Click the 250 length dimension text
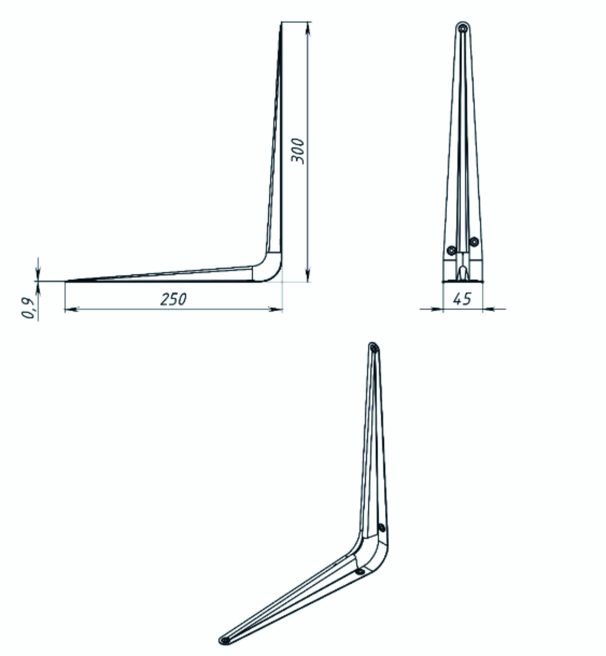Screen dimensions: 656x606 174,299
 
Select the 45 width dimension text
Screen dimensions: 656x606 462,298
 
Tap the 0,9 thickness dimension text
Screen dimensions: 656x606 28,308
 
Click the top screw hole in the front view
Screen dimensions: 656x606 463,29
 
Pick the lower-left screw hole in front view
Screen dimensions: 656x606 452,250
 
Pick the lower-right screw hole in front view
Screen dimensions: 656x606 474,242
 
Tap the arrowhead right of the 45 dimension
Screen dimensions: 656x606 489,309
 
